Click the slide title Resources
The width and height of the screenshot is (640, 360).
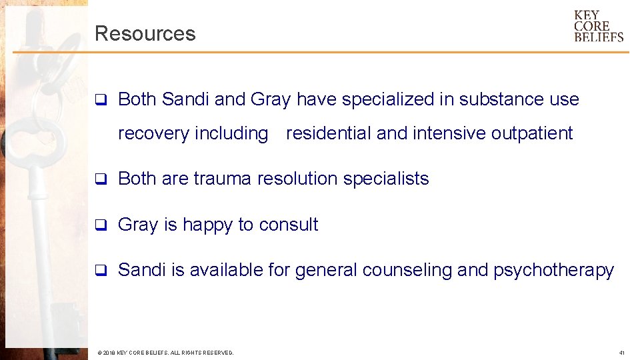tap(145, 33)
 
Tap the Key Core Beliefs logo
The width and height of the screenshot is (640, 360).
tap(599, 26)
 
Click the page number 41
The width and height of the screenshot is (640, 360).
tap(621, 353)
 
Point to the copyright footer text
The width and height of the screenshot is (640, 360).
tap(165, 353)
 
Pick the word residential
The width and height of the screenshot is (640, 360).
tap(329, 133)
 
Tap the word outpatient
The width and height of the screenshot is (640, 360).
tap(531, 134)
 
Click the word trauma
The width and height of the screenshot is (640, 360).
tap(223, 179)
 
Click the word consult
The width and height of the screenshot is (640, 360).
tap(289, 225)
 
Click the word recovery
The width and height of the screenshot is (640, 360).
tap(153, 134)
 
